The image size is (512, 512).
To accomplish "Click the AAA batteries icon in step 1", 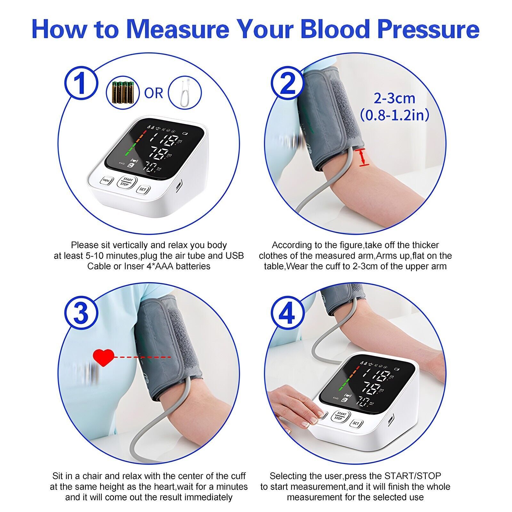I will [x=123, y=93].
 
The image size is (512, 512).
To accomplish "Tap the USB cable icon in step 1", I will [x=185, y=93].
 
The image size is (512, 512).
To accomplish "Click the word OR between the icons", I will [x=154, y=93].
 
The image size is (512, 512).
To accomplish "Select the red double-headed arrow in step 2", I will [x=362, y=157].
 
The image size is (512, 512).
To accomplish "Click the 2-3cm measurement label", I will [x=395, y=98].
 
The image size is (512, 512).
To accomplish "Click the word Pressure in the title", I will [x=428, y=29].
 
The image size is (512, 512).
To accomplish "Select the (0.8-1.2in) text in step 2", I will [x=395, y=115].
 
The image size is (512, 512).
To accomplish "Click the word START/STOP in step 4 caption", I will [x=412, y=476].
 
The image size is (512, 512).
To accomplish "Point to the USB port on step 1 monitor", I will [x=179, y=185].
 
